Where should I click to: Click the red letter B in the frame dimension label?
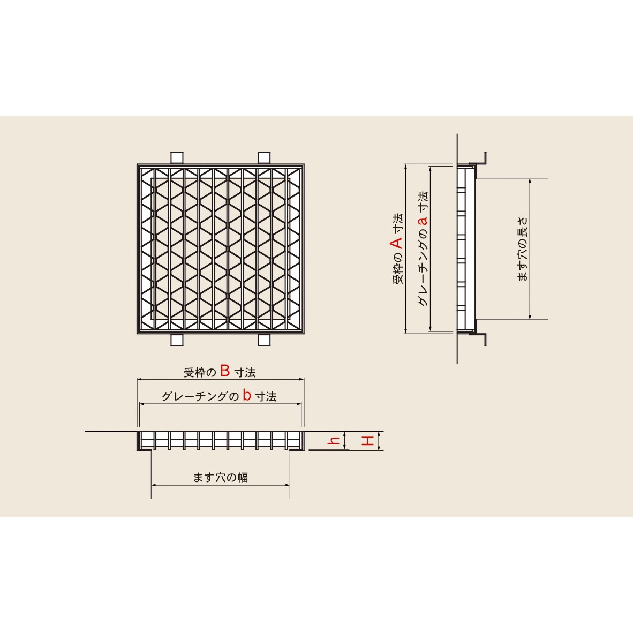(x=225, y=371)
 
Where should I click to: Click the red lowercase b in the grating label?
(x=247, y=395)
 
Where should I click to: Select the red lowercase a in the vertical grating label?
(x=423, y=221)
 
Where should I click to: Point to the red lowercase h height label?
(x=334, y=440)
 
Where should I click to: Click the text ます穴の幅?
(x=221, y=477)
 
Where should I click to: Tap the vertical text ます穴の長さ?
(x=523, y=248)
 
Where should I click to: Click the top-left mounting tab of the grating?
(x=177, y=158)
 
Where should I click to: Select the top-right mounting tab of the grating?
(x=264, y=158)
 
